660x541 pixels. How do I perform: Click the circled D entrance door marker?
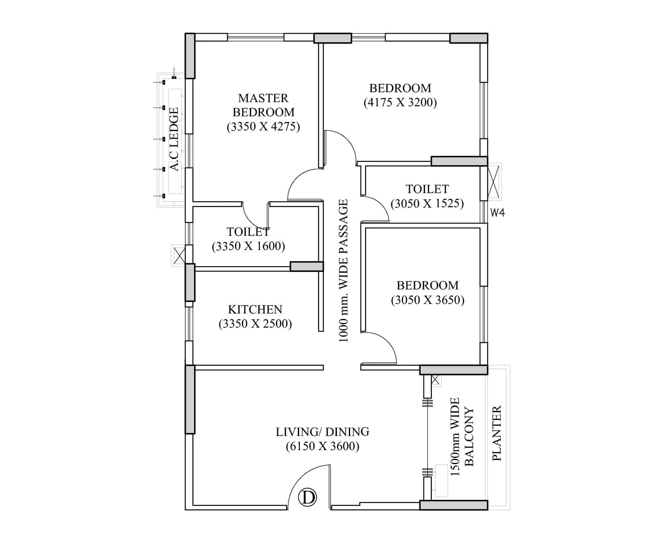[308, 497]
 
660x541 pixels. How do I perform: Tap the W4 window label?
[497, 213]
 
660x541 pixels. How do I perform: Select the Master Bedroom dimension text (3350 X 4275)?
[263, 126]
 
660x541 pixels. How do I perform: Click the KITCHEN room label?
[255, 309]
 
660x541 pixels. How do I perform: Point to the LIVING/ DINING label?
[322, 432]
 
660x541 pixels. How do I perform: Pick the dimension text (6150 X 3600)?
[322, 446]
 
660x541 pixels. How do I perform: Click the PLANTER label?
[497, 433]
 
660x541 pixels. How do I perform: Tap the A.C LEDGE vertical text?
[174, 139]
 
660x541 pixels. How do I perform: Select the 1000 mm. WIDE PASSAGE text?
[343, 270]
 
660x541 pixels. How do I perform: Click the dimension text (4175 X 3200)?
[400, 103]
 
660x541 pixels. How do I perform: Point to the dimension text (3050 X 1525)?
[427, 203]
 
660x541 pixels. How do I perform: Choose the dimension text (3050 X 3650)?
[427, 300]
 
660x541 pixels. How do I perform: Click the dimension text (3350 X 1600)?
[248, 246]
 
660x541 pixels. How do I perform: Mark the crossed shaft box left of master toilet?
[179, 255]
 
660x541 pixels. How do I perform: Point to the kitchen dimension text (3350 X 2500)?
[255, 324]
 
